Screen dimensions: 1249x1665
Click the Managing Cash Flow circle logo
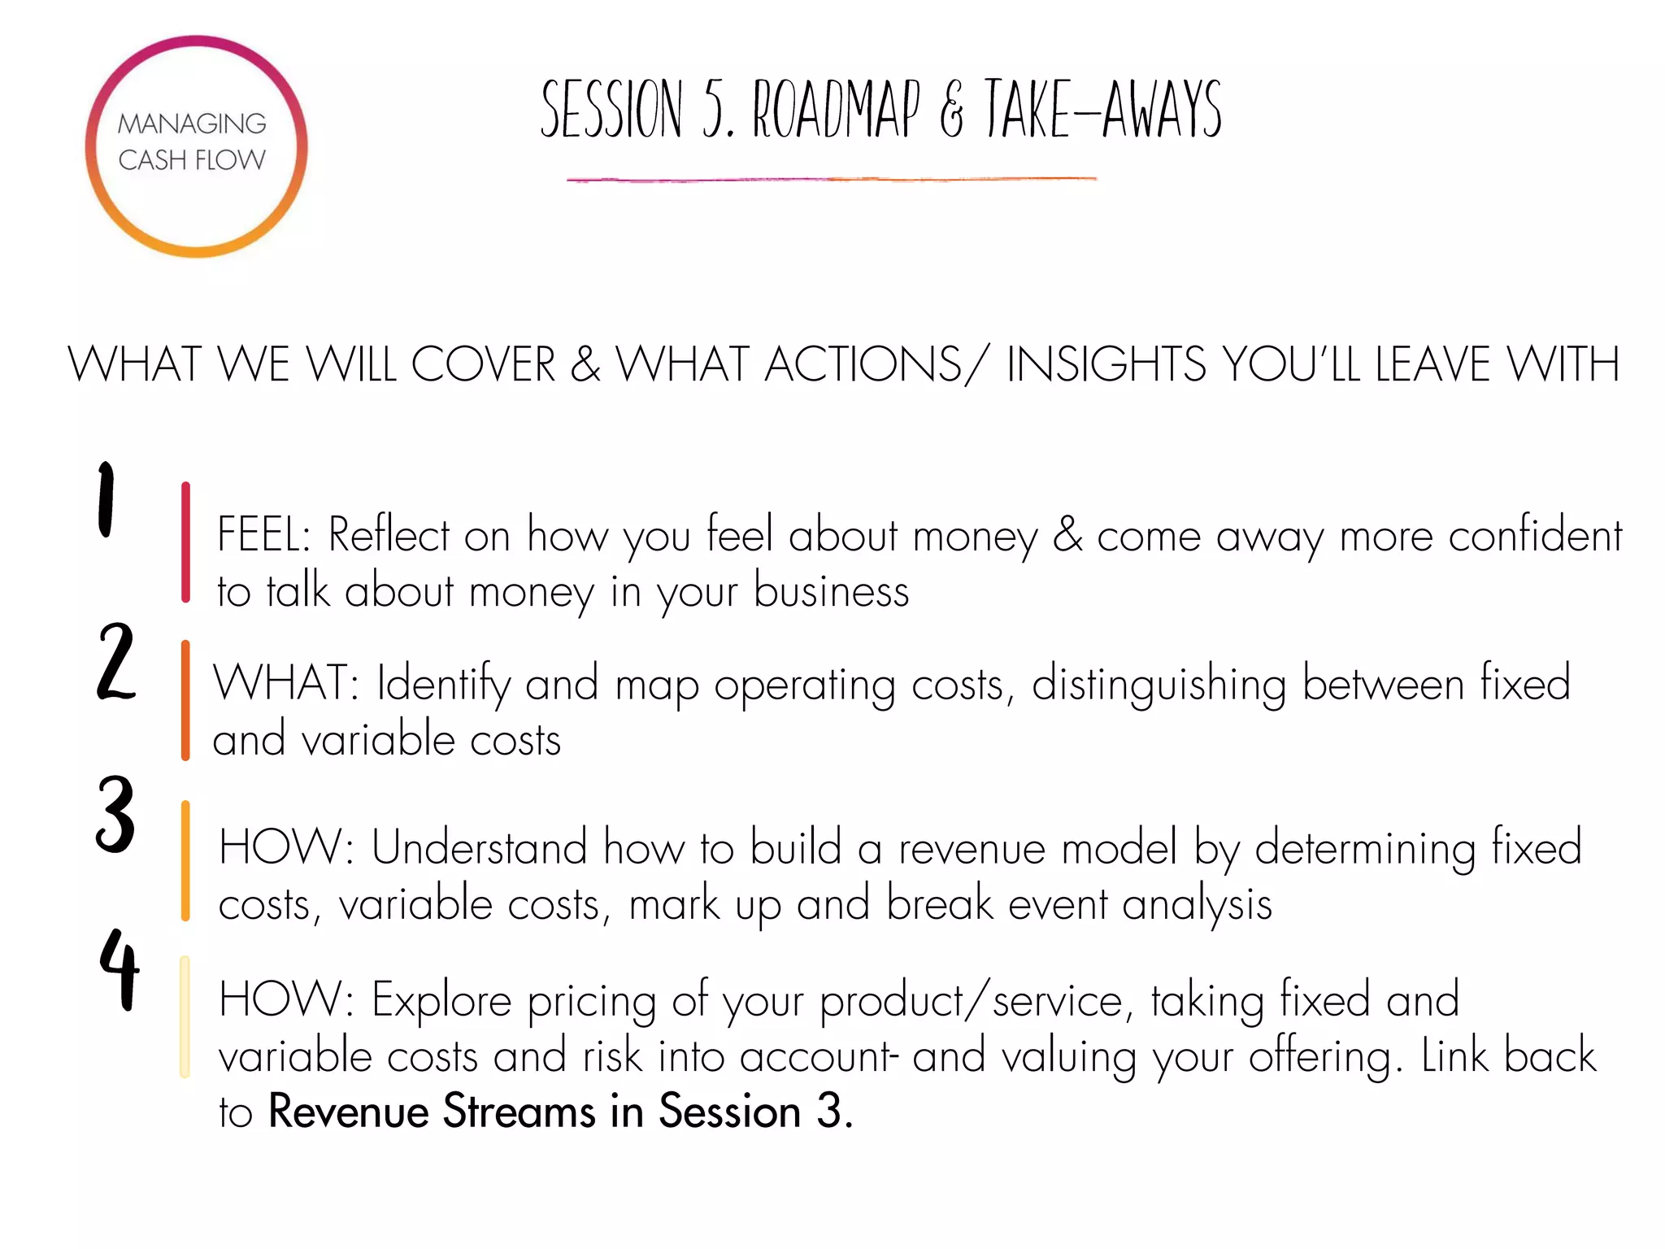click(196, 146)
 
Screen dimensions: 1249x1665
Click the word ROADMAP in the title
click(837, 110)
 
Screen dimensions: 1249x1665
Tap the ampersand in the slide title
click(951, 114)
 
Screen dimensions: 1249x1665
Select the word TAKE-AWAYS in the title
click(1102, 110)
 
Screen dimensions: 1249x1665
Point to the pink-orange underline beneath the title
click(831, 179)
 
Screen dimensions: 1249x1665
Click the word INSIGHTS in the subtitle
click(1106, 364)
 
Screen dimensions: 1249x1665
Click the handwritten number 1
click(107, 499)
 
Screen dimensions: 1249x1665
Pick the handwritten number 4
click(120, 969)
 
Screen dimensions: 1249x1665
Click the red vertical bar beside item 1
click(186, 542)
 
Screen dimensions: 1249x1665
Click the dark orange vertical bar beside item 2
click(185, 700)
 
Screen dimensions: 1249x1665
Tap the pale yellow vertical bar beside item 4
click(185, 1016)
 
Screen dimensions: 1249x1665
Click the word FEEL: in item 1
click(264, 536)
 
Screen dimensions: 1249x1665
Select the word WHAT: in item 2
click(285, 683)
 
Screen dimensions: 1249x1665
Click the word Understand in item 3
click(479, 848)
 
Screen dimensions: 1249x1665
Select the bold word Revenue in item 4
click(348, 1111)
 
